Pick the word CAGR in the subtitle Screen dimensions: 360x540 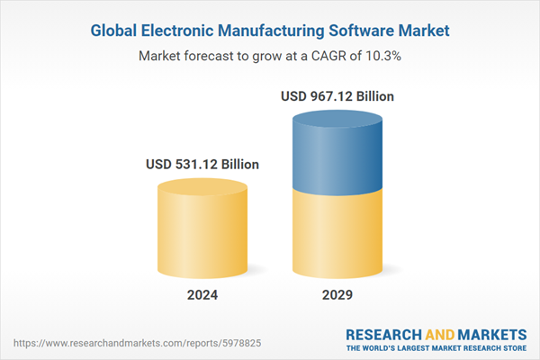(x=336, y=56)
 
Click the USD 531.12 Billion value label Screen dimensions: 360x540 (x=202, y=165)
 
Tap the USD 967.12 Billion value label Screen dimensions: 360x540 (x=337, y=95)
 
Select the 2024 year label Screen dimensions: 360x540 (x=202, y=295)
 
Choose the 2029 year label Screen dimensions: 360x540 (x=337, y=295)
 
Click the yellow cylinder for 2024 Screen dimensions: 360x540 (x=202, y=234)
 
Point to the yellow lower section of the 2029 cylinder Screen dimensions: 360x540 (x=337, y=234)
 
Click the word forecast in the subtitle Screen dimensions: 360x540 (x=213, y=56)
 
